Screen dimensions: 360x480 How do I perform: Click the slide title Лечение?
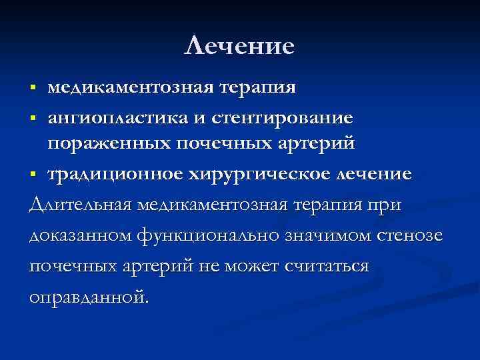point(239,46)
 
